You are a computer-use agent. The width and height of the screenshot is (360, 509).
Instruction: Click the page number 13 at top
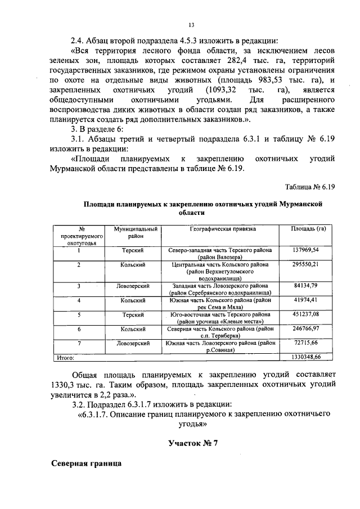(191, 25)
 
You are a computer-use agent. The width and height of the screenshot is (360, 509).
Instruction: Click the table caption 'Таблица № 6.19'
(309, 187)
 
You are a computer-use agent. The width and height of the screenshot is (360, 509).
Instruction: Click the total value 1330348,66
(305, 357)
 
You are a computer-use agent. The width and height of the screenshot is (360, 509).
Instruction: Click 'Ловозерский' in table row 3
(133, 286)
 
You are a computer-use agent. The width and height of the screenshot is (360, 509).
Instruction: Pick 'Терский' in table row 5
(133, 314)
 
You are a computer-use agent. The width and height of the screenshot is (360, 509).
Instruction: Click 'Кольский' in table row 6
(133, 328)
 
